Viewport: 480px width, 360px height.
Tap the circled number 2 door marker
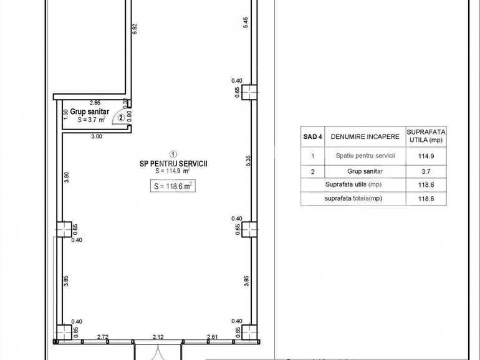tap(121, 116)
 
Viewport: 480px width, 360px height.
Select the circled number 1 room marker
tap(173, 153)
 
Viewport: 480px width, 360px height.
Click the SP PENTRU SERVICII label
tap(173, 163)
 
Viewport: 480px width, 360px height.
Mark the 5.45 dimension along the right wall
tap(247, 22)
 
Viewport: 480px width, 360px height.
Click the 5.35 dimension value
tap(247, 159)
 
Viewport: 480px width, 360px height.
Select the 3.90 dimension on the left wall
tap(67, 178)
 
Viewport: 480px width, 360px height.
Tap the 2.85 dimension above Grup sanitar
tap(95, 102)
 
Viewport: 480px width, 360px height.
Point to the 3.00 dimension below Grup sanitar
tap(97, 136)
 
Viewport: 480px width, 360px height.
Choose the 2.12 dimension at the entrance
tap(157, 337)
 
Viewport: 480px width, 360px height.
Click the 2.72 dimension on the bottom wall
tap(103, 337)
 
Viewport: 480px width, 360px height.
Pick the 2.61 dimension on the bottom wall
tap(213, 337)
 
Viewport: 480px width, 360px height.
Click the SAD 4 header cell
tap(312, 136)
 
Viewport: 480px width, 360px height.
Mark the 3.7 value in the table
tap(426, 170)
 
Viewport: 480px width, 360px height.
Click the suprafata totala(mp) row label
tap(353, 198)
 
